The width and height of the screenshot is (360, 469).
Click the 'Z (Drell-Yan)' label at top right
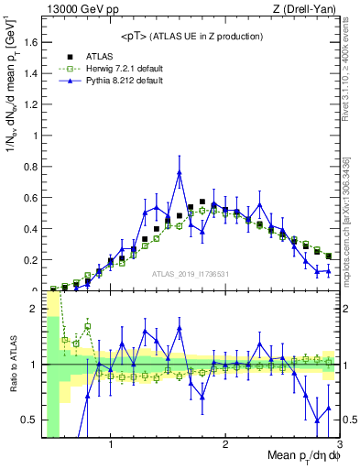(309, 9)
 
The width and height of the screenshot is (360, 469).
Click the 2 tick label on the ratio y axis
(35, 309)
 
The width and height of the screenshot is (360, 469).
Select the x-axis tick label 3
(338, 446)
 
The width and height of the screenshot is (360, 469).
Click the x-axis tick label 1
(111, 446)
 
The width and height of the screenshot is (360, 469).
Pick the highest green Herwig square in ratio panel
(88, 326)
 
